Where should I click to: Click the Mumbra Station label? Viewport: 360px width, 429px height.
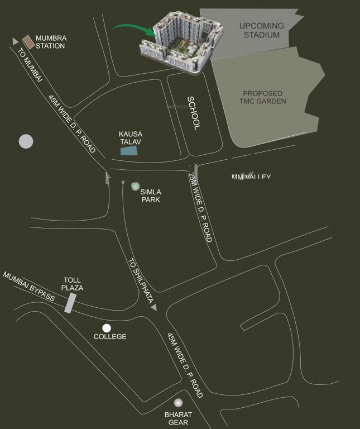[x=51, y=42]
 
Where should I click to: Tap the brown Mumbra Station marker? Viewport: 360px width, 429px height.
[x=28, y=41]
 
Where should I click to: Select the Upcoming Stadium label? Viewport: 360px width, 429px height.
[x=261, y=30]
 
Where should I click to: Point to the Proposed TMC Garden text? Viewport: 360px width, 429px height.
[x=264, y=97]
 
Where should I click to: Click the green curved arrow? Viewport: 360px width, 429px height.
[x=133, y=28]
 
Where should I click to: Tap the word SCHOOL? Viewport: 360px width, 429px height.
[x=193, y=113]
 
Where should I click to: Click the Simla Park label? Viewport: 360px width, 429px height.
[x=151, y=195]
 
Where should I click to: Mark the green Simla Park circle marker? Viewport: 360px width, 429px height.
[x=135, y=186]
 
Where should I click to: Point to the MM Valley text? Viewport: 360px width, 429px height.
[x=251, y=177]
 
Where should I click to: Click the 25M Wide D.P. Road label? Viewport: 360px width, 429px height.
[x=200, y=207]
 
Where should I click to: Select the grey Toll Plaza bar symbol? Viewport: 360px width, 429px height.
[x=71, y=302]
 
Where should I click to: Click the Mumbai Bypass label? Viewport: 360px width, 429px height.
[x=29, y=287]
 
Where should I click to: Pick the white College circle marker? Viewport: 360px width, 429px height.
[x=107, y=328]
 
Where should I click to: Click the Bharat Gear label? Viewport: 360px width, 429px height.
[x=178, y=418]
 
